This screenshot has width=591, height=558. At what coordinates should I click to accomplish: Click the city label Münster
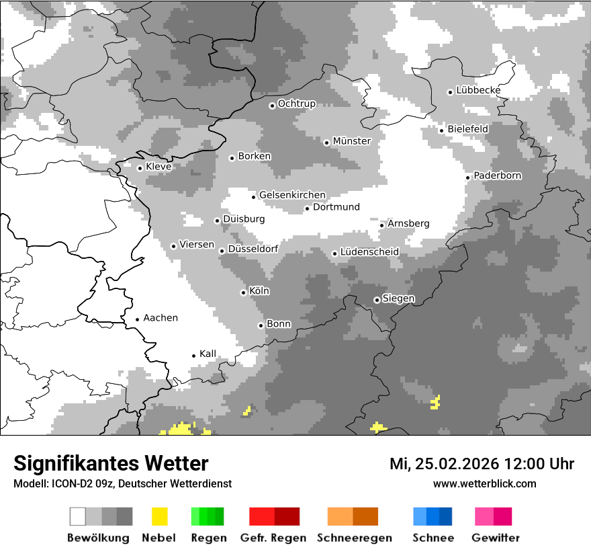point(352,141)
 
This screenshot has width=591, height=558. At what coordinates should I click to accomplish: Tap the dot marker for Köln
point(243,292)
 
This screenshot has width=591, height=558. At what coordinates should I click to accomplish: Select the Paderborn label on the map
point(498,176)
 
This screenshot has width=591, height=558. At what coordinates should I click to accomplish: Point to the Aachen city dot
point(137,319)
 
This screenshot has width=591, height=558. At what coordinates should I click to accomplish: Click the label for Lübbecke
point(478,91)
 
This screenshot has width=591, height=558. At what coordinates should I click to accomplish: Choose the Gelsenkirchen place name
point(292,196)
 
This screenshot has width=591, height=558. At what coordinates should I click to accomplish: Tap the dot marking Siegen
point(377,300)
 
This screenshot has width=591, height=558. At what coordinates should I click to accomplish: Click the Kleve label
point(158,167)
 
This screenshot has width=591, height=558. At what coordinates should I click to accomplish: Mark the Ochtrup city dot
point(272,105)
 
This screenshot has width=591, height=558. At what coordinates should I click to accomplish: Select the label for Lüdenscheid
point(369,252)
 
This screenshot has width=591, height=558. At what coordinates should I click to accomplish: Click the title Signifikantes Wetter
point(111,464)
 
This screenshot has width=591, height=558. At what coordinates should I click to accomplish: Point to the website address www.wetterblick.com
point(484,484)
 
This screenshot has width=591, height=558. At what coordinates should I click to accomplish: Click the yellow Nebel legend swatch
point(160,516)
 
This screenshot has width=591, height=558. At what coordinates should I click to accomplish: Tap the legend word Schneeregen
point(354,538)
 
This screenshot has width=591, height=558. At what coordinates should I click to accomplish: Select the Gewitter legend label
point(496,538)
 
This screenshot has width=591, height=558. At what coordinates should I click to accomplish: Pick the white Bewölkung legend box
point(77,516)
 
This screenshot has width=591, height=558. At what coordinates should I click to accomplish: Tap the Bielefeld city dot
point(441,130)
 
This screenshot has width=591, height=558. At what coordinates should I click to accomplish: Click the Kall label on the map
point(208,354)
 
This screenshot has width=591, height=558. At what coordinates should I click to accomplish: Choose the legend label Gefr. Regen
point(273,538)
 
